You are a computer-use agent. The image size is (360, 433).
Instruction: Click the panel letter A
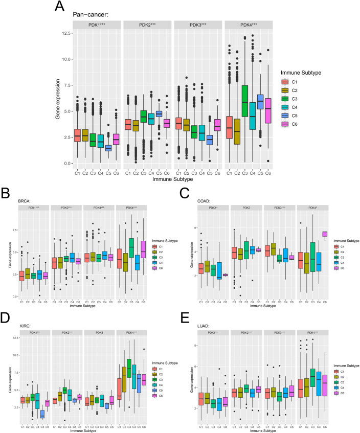coord(60,7)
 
